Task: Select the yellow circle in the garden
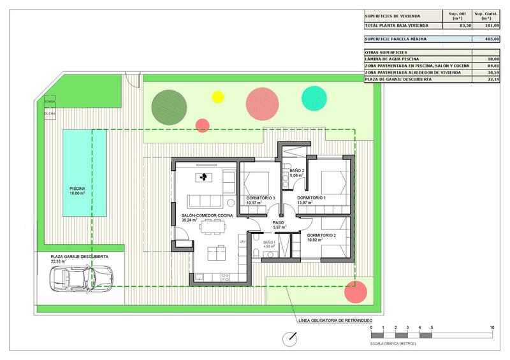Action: click(218, 97)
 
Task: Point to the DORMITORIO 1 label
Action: click(312, 198)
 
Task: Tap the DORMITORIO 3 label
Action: click(260, 198)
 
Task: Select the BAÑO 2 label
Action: click(297, 171)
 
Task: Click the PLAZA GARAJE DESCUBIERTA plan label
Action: click(75, 256)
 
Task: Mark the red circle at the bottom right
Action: click(356, 292)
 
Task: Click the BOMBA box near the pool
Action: click(50, 102)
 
